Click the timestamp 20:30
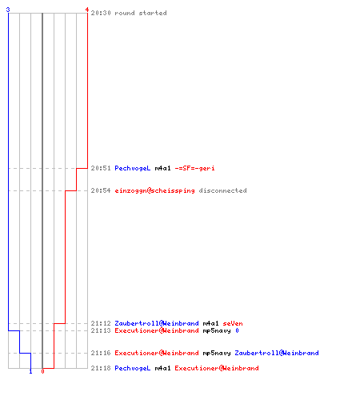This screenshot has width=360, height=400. point(101,13)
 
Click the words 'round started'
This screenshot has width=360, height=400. point(141,13)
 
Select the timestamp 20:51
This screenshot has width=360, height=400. point(101,168)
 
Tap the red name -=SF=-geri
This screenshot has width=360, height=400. point(194,168)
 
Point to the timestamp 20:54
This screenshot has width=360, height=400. point(101,190)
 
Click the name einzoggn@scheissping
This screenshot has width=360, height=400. point(154,190)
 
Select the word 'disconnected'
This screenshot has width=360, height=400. point(223,190)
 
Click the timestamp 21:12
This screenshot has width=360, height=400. point(101,323)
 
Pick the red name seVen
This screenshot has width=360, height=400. point(233,323)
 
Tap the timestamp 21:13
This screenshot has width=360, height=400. point(101,330)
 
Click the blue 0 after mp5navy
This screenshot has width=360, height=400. point(237,330)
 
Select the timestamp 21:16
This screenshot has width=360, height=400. point(101,353)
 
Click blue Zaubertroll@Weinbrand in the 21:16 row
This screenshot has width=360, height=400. point(277,353)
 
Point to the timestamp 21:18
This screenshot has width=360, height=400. point(101,368)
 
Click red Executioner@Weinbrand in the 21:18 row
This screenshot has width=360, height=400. point(217,368)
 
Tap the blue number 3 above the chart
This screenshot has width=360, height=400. point(8,10)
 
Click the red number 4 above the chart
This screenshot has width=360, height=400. point(87,10)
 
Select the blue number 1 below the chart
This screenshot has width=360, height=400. point(30,371)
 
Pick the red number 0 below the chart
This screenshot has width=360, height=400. point(42,371)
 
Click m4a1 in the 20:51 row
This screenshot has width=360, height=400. point(162,168)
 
